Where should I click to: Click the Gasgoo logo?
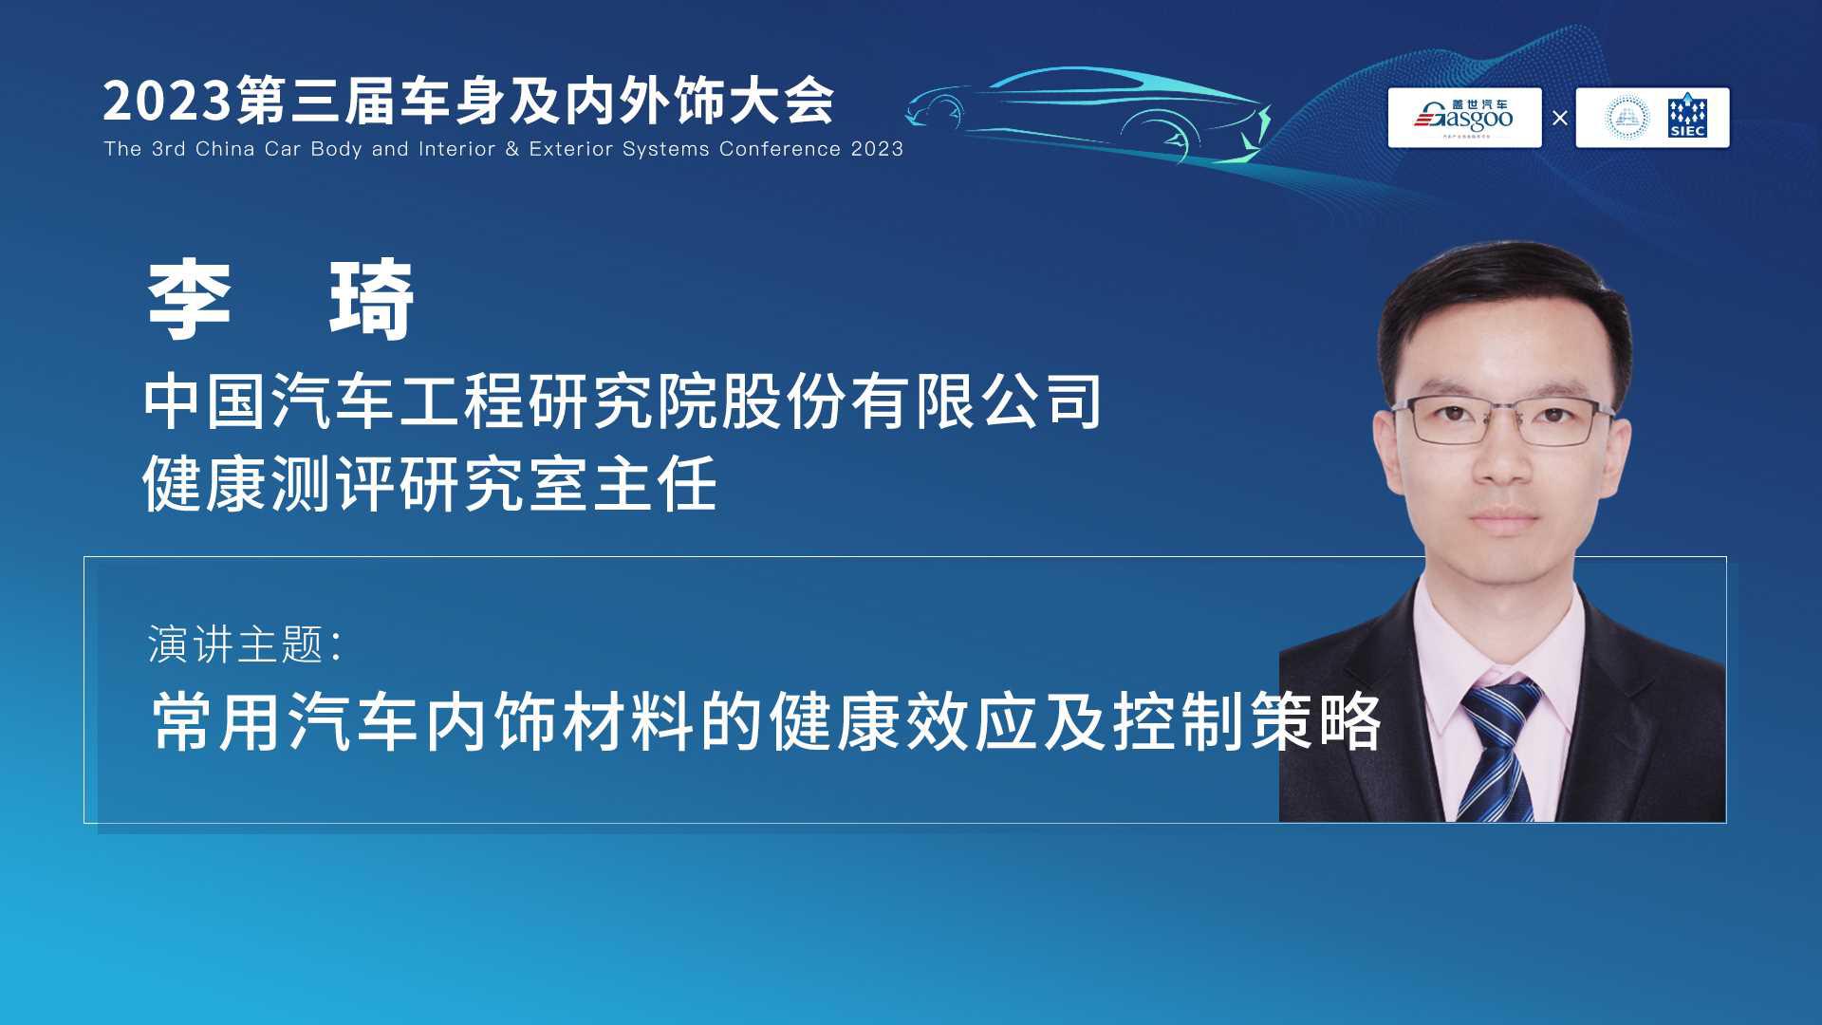click(x=1464, y=118)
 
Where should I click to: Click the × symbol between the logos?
click(x=1559, y=119)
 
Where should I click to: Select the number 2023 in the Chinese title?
click(x=167, y=101)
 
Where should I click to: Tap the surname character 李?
click(x=190, y=300)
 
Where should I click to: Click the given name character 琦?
click(x=371, y=300)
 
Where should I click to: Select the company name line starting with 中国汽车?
click(x=623, y=401)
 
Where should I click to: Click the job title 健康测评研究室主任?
click(x=430, y=484)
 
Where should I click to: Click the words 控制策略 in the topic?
click(x=1247, y=722)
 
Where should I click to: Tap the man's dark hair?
click(x=1503, y=304)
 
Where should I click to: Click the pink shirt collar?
click(x=1503, y=655)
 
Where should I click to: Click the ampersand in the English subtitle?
click(x=512, y=149)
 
